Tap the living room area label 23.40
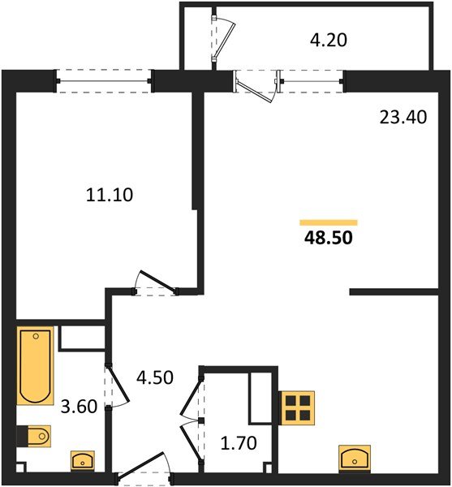(402, 117)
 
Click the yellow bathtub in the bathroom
(36, 365)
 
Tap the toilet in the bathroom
(36, 437)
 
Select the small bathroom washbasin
(82, 461)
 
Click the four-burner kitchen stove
(296, 407)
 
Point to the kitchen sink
(355, 459)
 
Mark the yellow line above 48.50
(328, 222)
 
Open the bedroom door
(154, 283)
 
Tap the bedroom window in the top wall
(105, 81)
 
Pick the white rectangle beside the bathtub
(81, 338)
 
